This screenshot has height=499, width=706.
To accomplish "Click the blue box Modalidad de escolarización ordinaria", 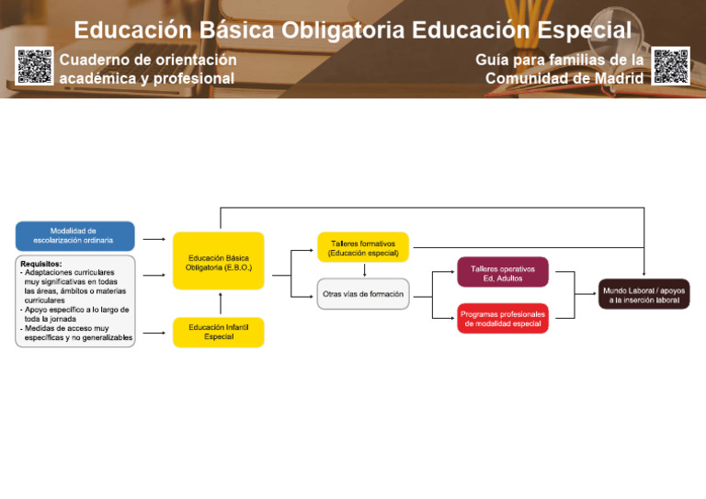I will tap(74, 236).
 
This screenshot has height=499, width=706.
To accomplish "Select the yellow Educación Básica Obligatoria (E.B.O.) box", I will tap(218, 263).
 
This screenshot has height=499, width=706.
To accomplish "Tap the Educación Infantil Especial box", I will tap(218, 333).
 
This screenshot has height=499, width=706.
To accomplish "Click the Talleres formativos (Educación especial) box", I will tap(363, 248).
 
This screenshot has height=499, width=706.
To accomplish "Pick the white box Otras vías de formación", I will tap(363, 295).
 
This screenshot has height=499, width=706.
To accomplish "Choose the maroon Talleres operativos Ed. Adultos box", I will tap(502, 273).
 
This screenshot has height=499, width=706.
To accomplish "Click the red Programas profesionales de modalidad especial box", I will tap(502, 319).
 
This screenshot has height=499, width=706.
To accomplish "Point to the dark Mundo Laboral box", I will tap(643, 295).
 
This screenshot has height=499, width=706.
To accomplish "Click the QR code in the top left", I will tap(34, 65).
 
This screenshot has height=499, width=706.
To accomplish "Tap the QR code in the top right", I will tap(670, 65).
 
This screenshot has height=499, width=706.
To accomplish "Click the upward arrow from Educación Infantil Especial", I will tap(221, 304).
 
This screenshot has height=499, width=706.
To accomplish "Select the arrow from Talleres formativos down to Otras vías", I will tap(365, 270).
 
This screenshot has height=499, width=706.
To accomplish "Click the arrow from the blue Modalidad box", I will tap(154, 239).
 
